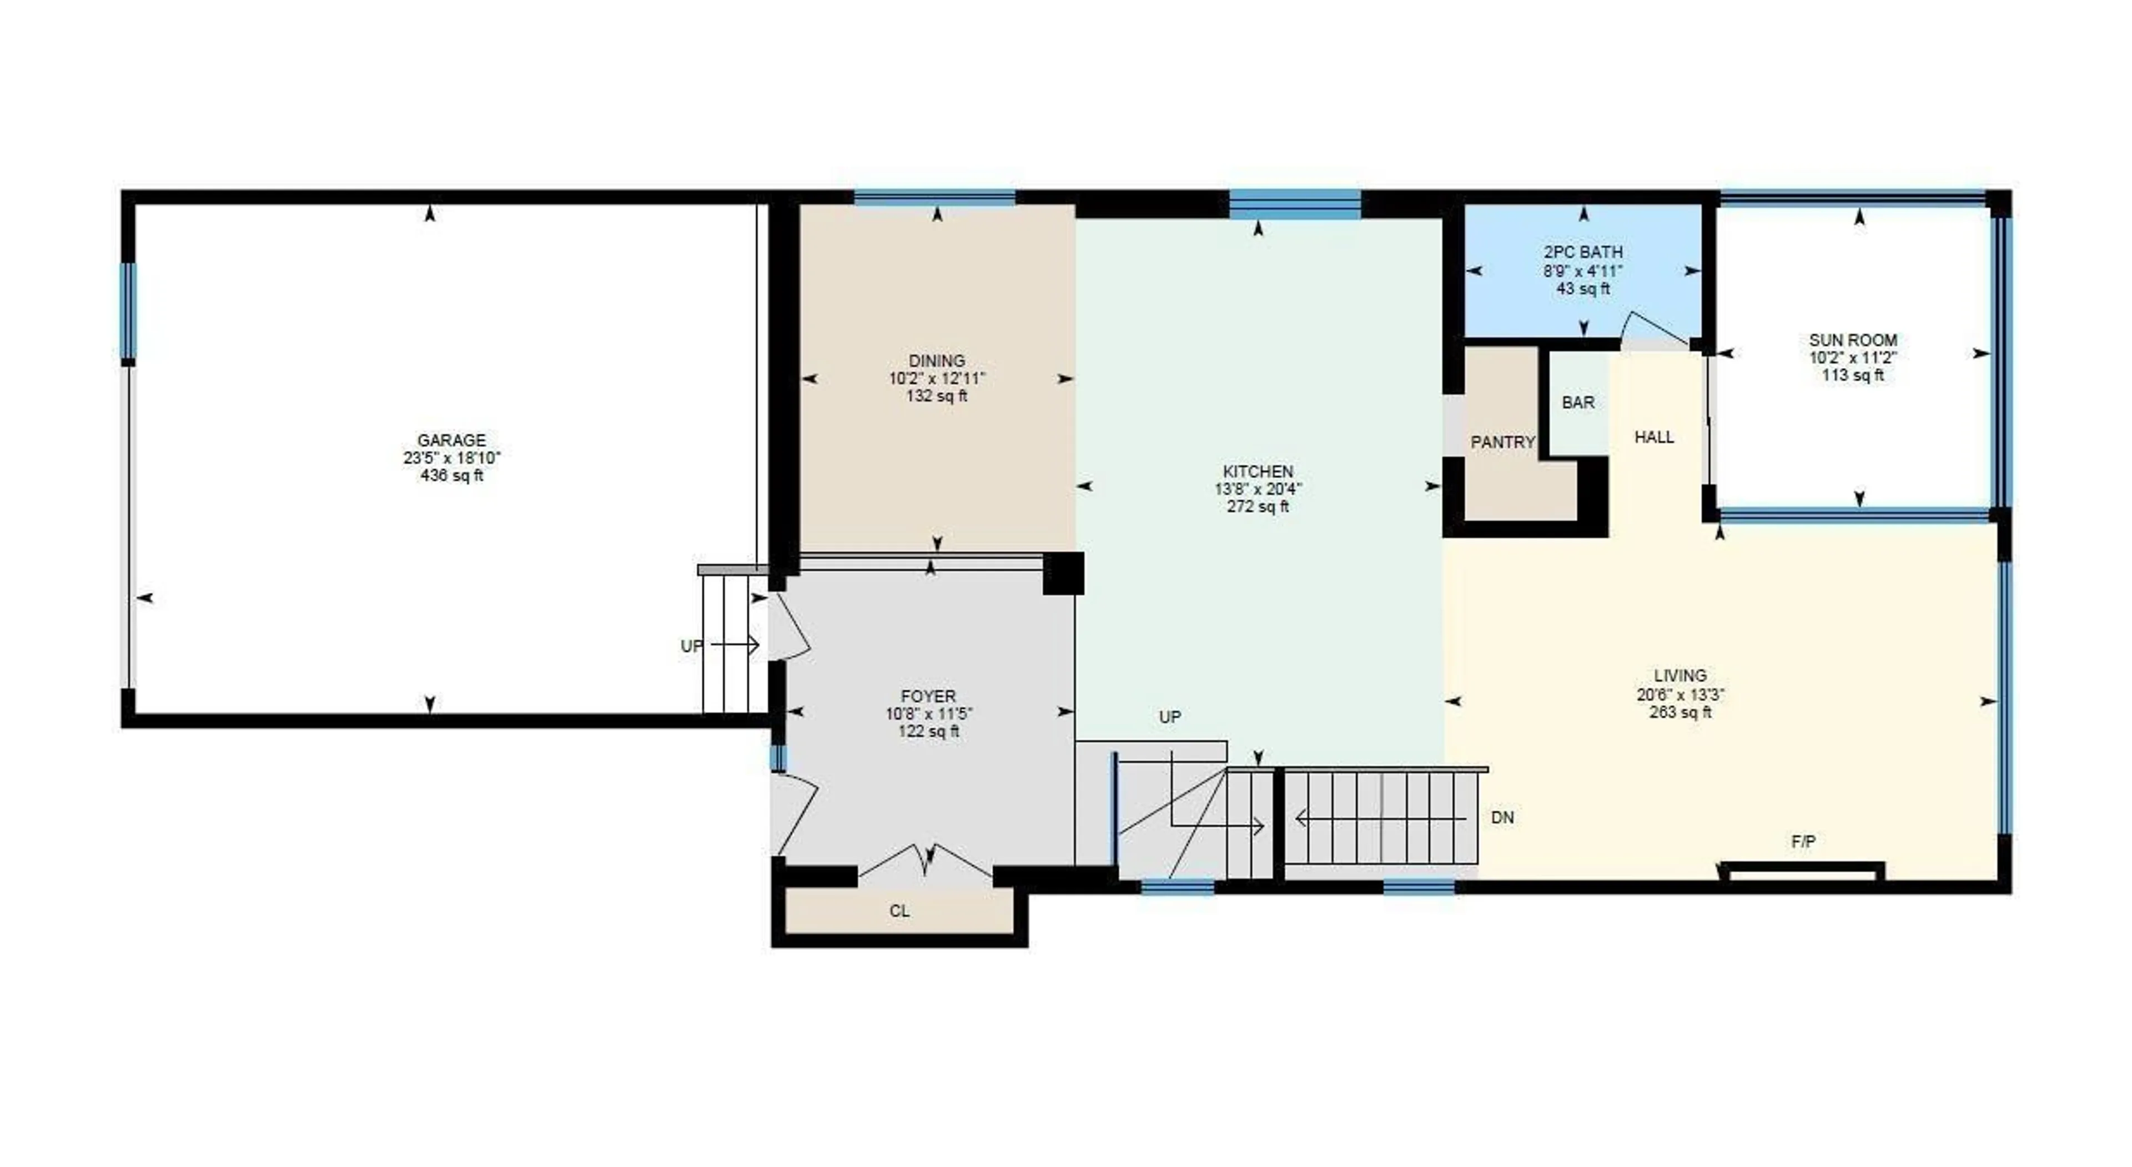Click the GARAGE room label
451,440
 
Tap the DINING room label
937,361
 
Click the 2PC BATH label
1582,251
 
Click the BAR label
1577,403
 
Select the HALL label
1653,437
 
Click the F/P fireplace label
1803,842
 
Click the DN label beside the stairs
1502,818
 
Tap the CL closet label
899,911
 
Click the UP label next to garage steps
691,646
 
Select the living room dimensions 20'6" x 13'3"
1680,695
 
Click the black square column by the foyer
1063,573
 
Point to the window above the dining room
934,198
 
